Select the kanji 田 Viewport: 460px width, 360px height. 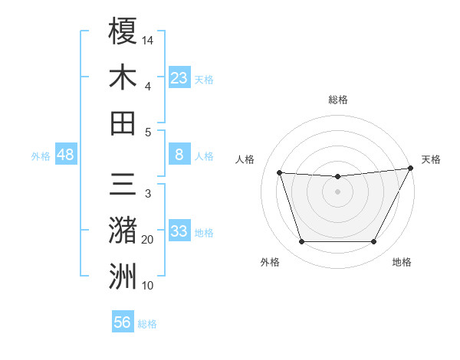123,123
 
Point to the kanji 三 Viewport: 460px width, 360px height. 123,185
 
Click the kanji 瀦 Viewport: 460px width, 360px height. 123,231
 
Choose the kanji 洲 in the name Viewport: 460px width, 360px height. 123,277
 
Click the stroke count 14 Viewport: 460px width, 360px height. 148,40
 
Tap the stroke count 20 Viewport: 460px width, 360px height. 148,240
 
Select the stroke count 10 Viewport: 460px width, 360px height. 148,286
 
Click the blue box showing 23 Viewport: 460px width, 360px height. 179,77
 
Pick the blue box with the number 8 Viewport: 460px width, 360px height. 179,155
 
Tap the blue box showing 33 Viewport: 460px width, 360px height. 179,231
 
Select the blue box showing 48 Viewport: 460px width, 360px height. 66,155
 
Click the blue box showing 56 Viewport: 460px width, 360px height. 123,322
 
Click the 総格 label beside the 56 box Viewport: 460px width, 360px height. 147,324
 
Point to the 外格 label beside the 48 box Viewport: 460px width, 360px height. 41,156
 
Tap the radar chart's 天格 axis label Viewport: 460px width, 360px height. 431,159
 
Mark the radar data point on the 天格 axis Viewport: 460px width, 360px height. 411,169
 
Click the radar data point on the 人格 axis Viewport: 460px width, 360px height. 280,173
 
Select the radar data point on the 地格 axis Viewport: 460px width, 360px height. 373,242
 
